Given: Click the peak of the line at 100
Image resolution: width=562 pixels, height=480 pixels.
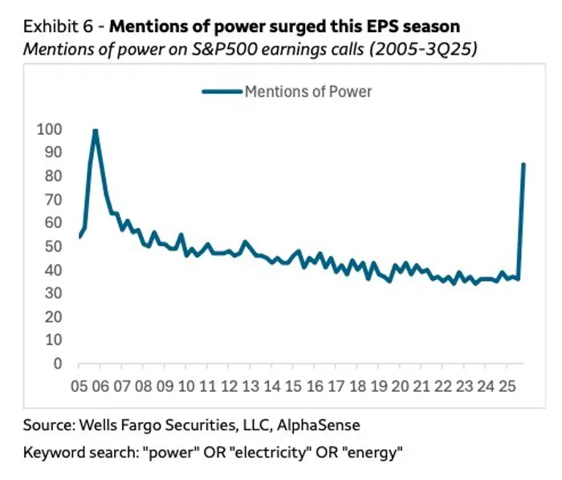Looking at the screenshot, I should coord(96,131).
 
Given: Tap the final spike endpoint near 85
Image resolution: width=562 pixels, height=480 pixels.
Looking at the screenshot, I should coord(523,165).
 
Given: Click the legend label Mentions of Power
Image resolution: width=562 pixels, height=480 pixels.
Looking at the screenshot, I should coord(308,92).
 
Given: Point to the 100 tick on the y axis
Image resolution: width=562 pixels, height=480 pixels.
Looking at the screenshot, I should coord(49,129).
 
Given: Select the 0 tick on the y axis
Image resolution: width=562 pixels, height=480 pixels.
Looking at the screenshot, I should coord(56,364).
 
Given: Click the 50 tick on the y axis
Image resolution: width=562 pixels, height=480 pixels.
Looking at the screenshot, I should coord(52,246).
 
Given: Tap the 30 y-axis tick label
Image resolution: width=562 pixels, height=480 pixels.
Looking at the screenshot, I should coord(52,294).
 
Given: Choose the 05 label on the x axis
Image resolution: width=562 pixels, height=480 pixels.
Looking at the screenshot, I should coord(80,386).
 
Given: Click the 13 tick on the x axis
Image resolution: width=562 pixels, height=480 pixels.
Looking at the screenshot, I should coord(250,386).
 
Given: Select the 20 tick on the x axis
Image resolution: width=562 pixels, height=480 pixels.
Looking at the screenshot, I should coord(398,386).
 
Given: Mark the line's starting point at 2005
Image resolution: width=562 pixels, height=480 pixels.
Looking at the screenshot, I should coord(80,236).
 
